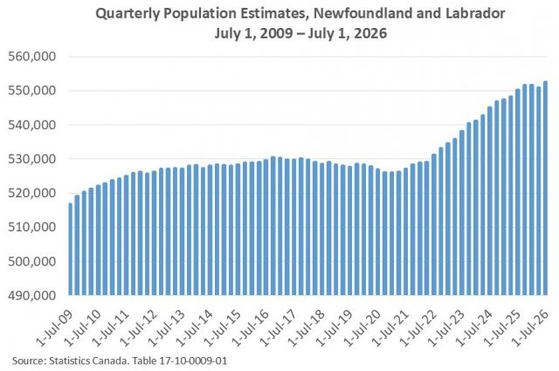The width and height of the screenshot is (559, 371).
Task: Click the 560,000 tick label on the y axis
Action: point(32,57)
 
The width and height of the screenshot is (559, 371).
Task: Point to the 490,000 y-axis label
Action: point(32,295)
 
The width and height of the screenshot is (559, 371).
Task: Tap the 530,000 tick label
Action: point(32,159)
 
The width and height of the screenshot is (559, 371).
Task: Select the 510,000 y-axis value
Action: point(32,227)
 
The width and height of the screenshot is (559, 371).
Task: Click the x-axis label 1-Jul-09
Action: point(55,328)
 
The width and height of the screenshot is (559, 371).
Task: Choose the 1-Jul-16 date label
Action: point(251,328)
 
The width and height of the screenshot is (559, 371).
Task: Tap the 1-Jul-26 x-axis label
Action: point(530,328)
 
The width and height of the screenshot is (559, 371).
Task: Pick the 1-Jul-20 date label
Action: point(362,328)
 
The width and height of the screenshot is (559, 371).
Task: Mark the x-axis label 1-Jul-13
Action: point(167,328)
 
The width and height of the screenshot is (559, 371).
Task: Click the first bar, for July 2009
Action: point(70,249)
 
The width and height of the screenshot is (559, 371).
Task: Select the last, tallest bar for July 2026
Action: point(545,189)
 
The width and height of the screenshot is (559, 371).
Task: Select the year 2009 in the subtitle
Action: point(277,33)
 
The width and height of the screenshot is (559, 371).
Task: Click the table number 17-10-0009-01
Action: point(196,361)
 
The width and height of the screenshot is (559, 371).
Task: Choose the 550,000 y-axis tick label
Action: point(32,91)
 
